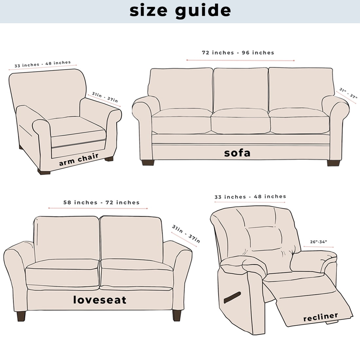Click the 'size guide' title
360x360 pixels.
point(180,11)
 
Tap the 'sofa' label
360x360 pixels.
point(237,153)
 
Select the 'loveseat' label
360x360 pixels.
point(99,300)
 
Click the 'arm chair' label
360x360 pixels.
point(79,159)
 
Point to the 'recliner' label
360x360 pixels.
point(320,317)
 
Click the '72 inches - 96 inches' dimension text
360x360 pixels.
point(238,53)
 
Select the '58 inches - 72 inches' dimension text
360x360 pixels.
point(101,203)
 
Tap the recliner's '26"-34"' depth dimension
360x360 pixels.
point(318,242)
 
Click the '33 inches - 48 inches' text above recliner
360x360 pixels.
point(250,197)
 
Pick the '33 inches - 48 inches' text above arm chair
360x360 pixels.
point(43,64)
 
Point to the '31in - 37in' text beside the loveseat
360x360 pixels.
point(186,234)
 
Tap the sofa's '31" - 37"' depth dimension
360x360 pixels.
point(348,93)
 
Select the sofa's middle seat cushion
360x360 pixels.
point(241,121)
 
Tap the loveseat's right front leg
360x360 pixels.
point(176,315)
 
